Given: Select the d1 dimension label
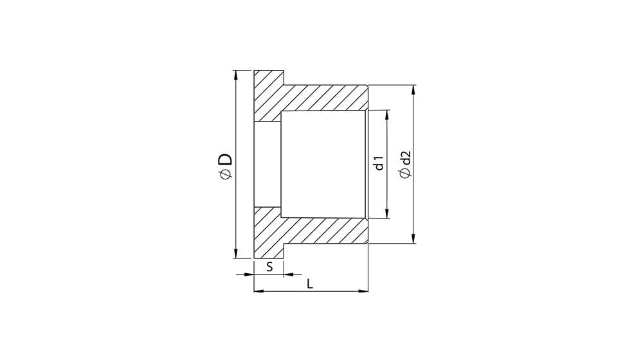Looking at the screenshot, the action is pos(379,163).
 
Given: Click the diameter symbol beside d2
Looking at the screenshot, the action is pos(406,174).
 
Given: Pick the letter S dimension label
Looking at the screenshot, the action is pos(269,267).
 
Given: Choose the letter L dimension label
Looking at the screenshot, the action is pos(310,283).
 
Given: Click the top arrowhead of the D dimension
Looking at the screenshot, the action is pos(235,75).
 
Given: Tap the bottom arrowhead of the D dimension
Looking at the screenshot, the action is pos(235,253).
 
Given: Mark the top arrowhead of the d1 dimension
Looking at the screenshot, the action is pos(386,115).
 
